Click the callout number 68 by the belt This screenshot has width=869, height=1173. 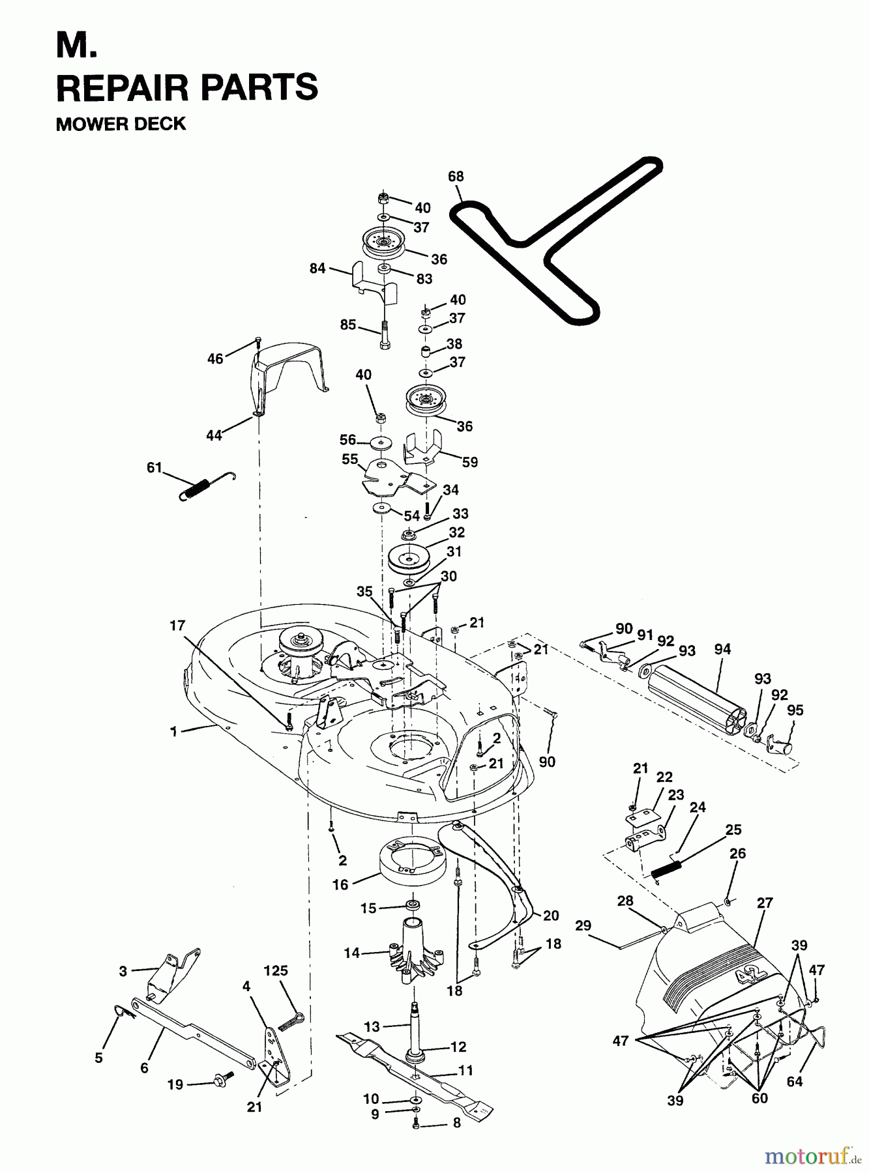click(456, 176)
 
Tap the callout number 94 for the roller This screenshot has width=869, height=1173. click(722, 649)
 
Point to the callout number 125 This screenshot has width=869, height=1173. click(276, 970)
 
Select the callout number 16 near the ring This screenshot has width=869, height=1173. click(340, 884)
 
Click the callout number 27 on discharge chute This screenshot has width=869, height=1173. click(765, 903)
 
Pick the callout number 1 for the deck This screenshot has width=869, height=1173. click(173, 732)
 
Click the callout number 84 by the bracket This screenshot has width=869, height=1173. click(317, 268)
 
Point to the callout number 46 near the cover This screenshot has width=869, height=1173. click(215, 358)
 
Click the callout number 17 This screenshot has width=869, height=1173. click(177, 626)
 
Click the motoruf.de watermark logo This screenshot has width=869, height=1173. click(812, 1156)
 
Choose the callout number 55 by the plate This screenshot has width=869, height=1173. click(350, 459)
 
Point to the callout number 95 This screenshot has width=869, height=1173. click(795, 710)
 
